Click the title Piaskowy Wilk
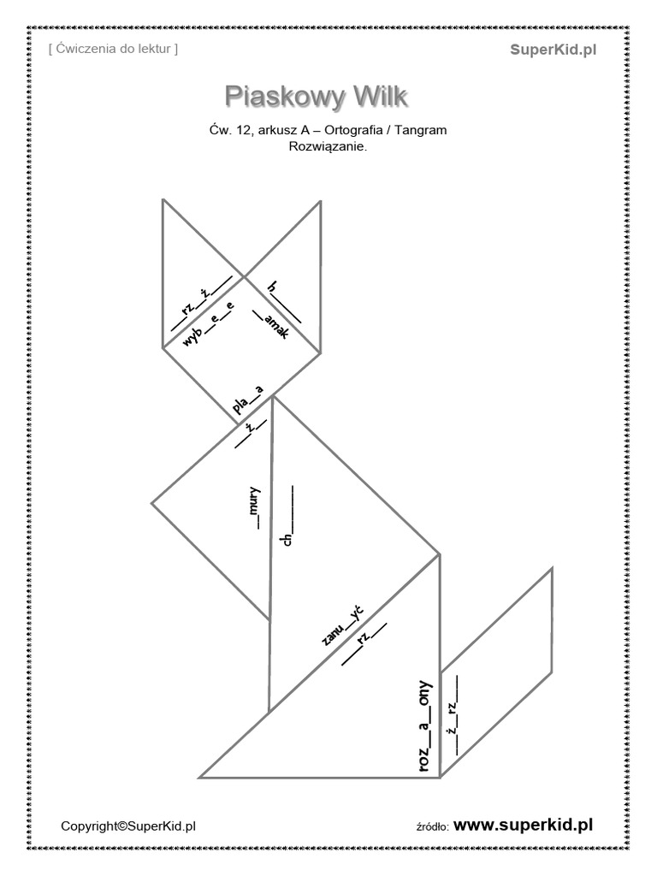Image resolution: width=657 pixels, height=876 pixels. tap(316, 97)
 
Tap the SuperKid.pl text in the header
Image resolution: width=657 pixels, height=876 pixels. tap(553, 50)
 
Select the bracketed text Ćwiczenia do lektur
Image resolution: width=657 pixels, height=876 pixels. tap(114, 50)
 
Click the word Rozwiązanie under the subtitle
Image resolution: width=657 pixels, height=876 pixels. tap(328, 146)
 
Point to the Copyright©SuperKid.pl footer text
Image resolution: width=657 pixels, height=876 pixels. tap(128, 826)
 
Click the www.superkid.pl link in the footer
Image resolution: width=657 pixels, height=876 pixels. tap(523, 825)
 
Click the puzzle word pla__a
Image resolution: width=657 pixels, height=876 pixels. tap(248, 398)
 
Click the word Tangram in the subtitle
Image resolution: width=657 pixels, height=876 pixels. tap(423, 130)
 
